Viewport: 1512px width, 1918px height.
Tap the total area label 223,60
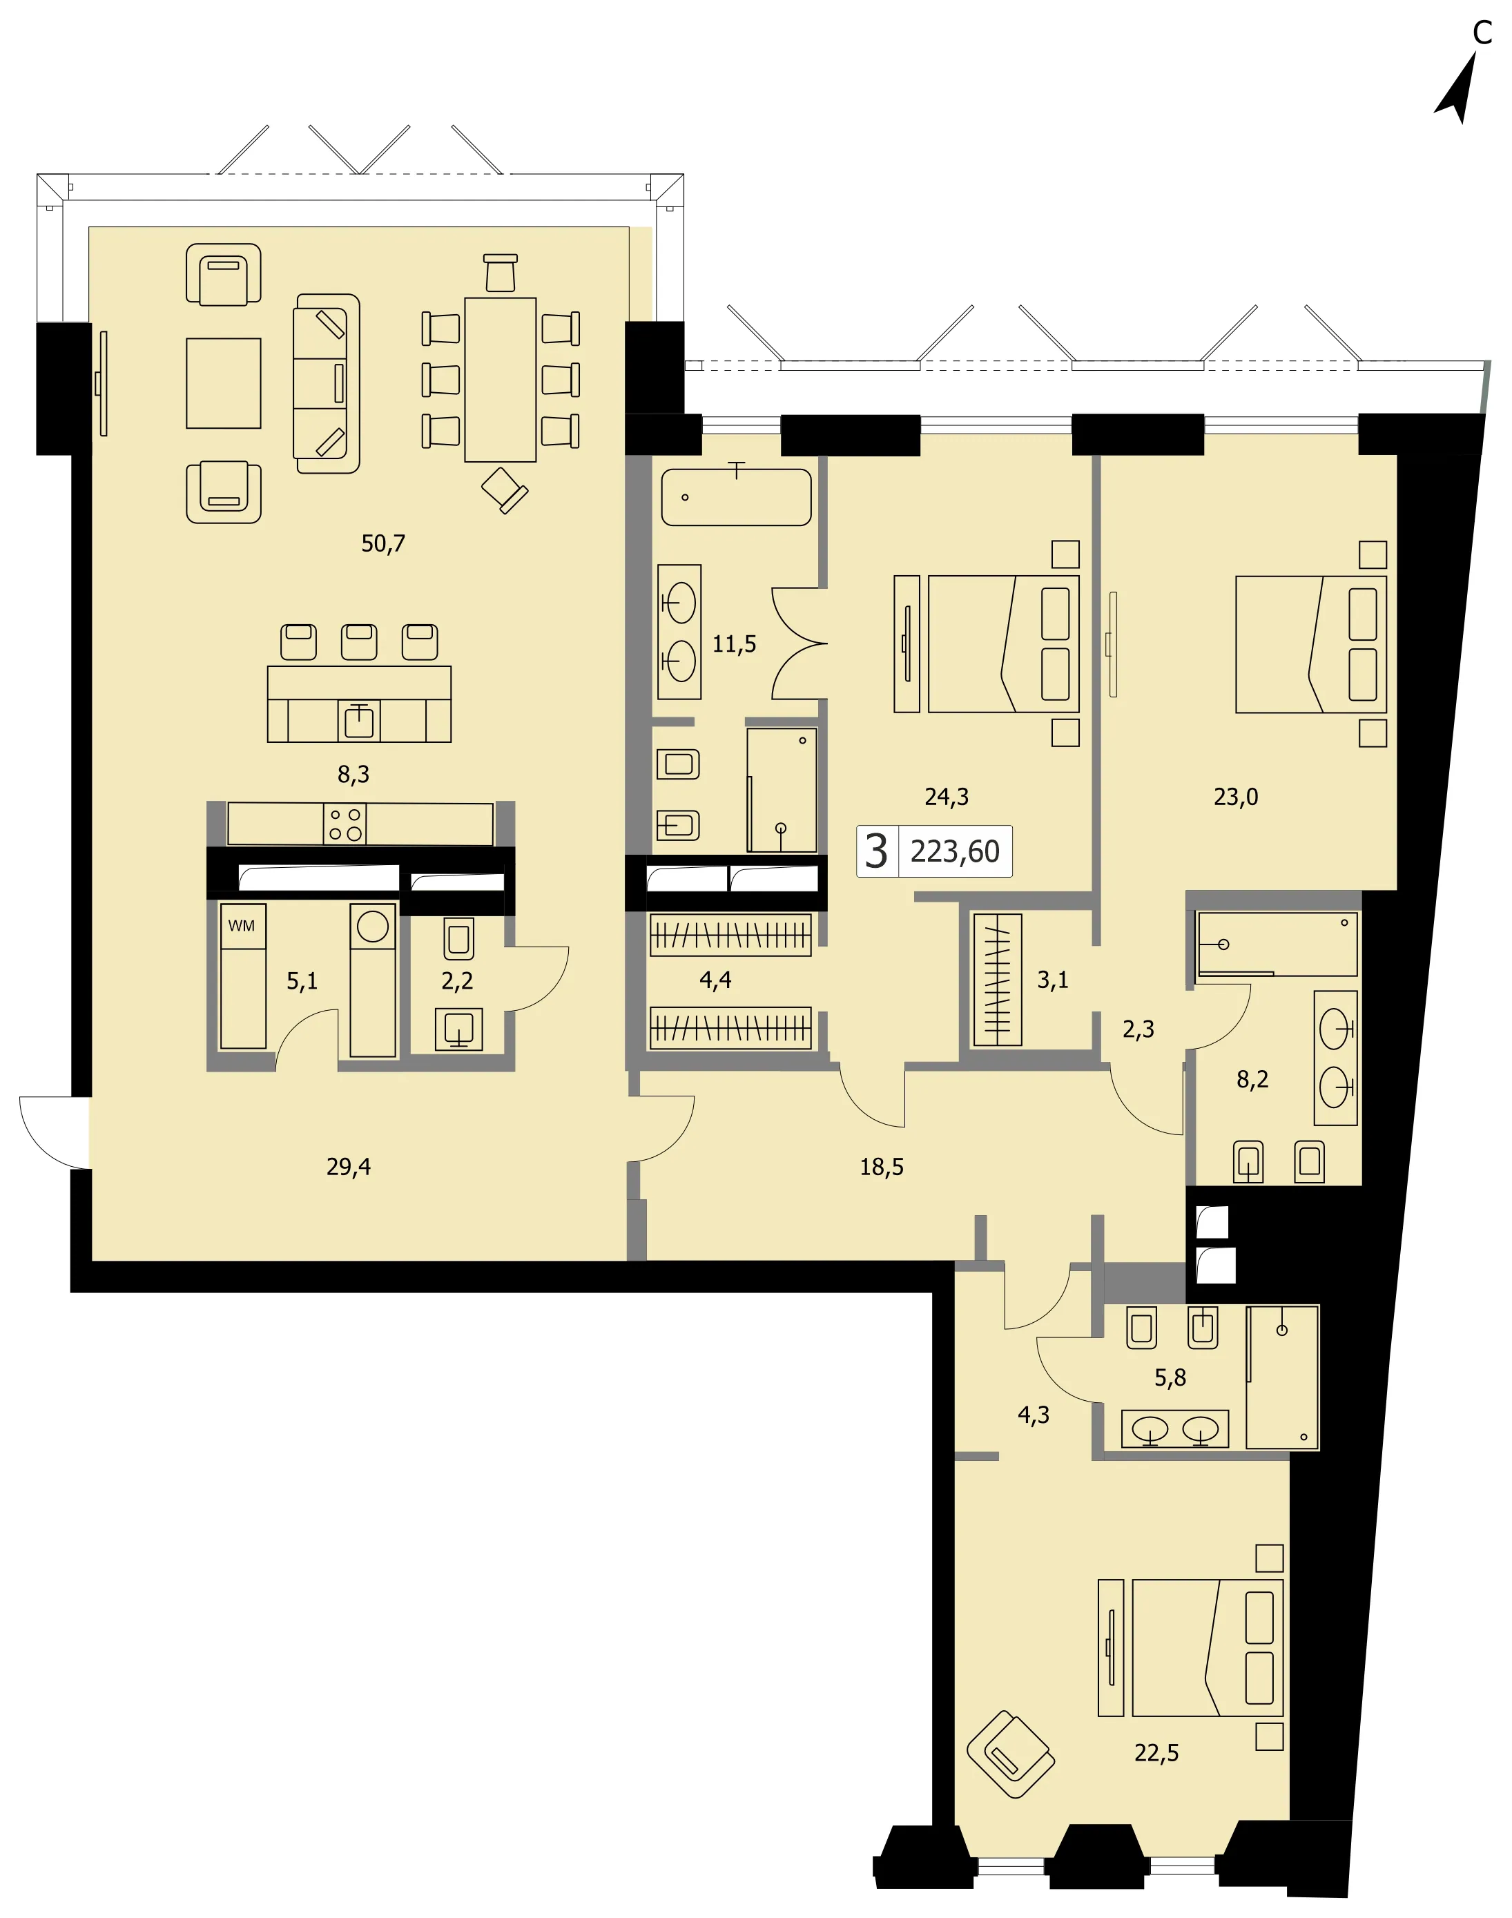coord(954,851)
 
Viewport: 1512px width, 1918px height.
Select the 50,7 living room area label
coord(382,543)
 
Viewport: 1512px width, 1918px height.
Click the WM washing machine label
coord(241,926)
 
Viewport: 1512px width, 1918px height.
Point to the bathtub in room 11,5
coord(736,496)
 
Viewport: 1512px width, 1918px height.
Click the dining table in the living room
coord(500,380)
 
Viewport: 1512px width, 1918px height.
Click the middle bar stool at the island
coord(358,641)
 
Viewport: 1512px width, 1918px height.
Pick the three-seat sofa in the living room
coord(327,383)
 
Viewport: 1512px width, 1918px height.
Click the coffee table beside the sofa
coord(223,383)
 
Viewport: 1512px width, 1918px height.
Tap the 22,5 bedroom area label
coord(1156,1752)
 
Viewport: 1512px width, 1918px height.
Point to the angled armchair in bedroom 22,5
coord(1010,1754)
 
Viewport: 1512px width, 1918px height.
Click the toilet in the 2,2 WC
coord(458,938)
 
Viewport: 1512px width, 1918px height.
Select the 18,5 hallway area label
coord(882,1167)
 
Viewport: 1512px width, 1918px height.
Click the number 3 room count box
coord(876,851)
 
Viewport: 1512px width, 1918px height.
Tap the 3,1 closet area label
coord(1053,980)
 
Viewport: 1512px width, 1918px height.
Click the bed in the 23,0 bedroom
coord(1311,644)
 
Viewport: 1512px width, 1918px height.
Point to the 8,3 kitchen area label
coord(353,775)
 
